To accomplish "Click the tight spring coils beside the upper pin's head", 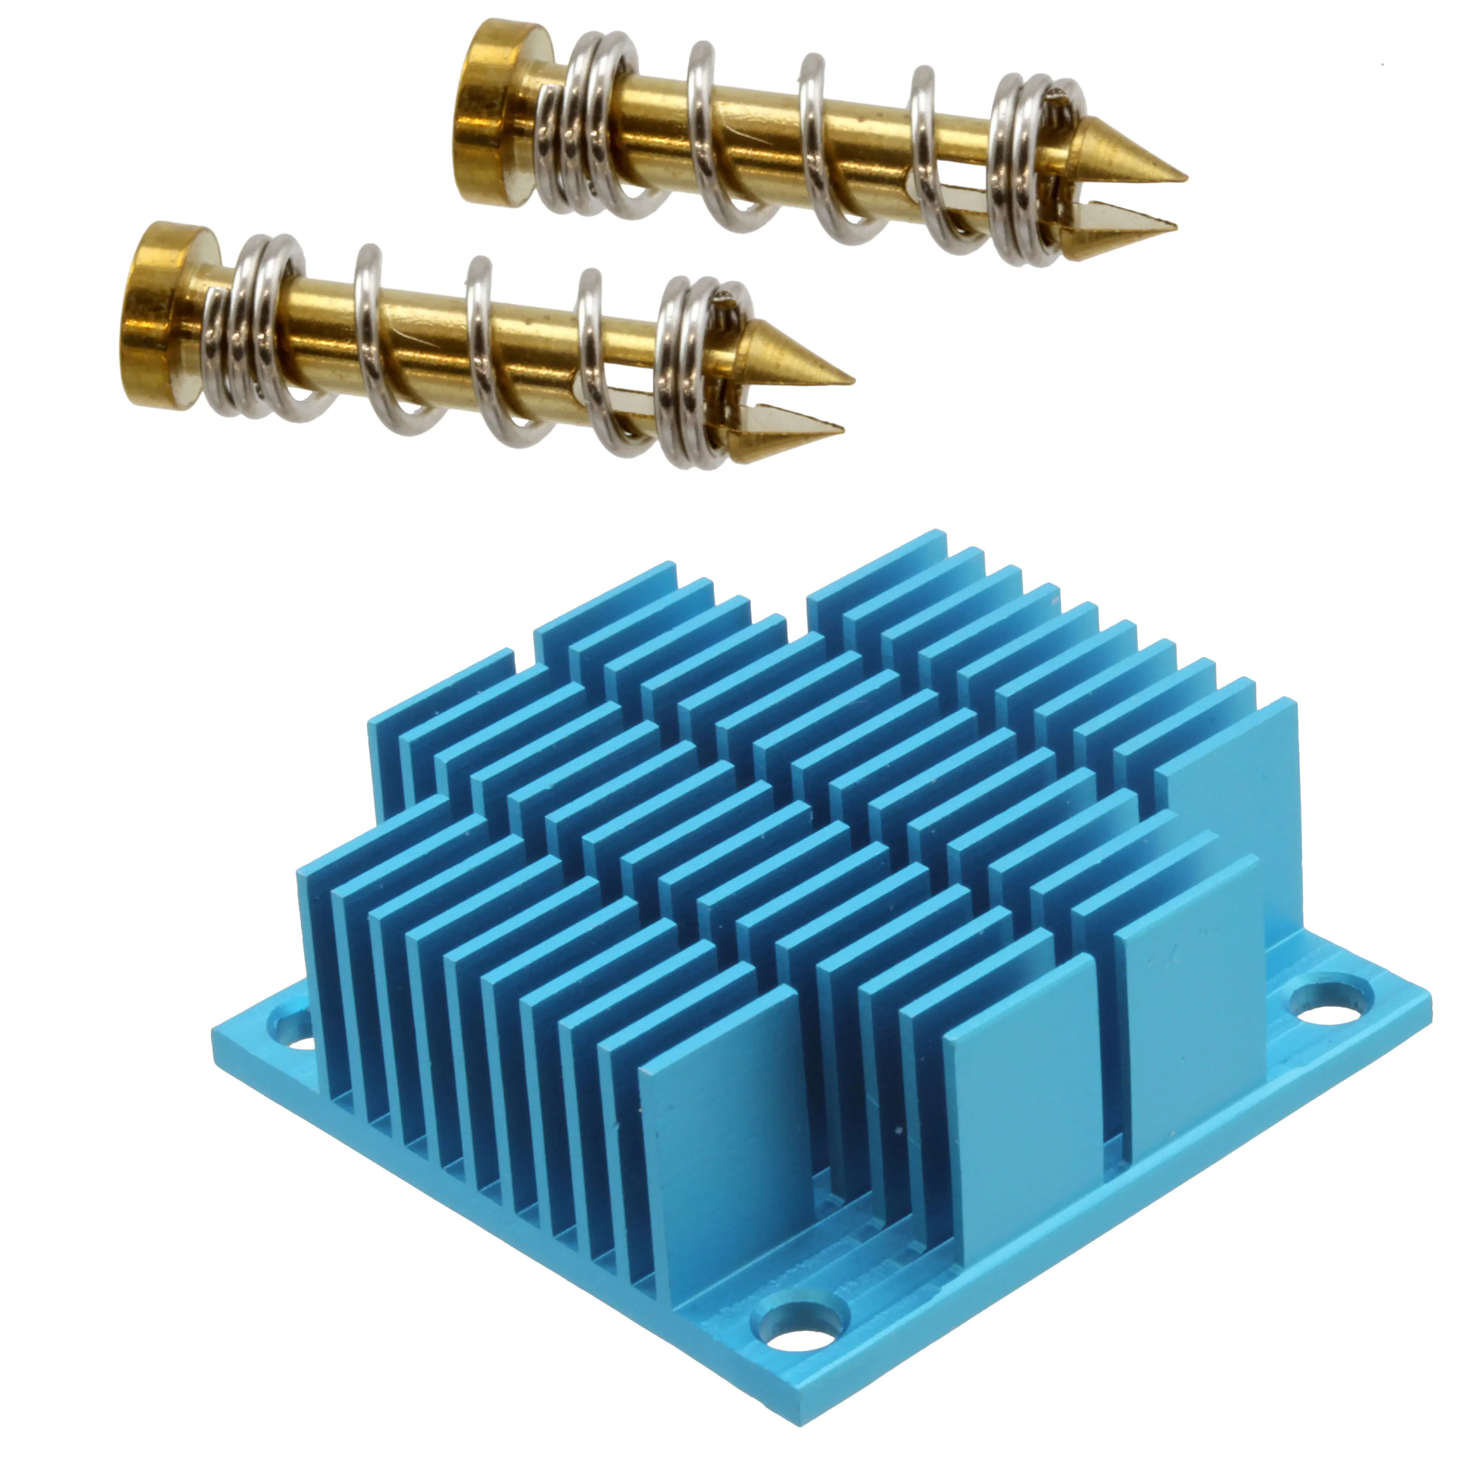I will (x=602, y=126).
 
